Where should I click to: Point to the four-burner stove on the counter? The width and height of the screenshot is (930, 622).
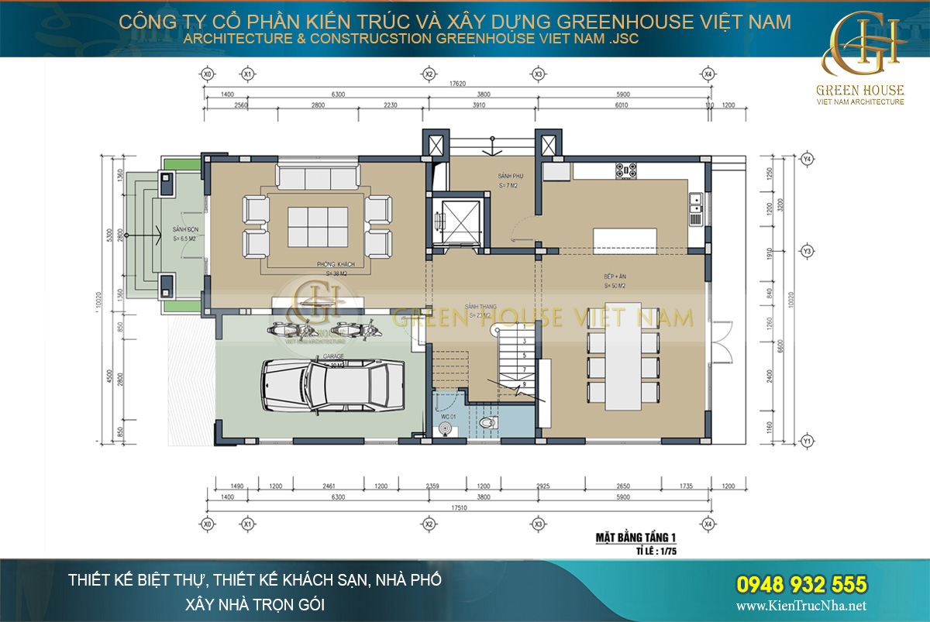(x=626, y=169)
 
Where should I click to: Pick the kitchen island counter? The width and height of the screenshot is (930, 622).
(x=624, y=239)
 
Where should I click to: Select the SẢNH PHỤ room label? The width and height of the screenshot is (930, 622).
(x=510, y=177)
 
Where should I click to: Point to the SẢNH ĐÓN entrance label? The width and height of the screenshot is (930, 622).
(x=182, y=230)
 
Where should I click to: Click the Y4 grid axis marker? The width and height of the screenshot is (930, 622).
(x=807, y=159)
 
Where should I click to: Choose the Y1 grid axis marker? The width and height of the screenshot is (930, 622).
(x=807, y=442)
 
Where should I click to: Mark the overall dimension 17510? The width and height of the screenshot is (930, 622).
(x=455, y=509)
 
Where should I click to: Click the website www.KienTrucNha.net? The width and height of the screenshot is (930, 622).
(x=801, y=606)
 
